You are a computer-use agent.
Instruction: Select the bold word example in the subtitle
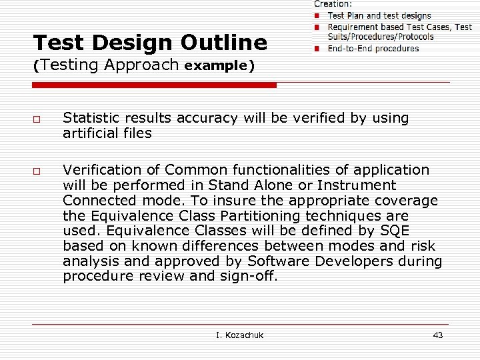pos(215,66)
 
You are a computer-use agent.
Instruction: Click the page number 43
pos(437,335)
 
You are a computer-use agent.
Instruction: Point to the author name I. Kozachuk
pos(239,335)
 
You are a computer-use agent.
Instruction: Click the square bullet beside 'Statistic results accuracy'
pos(38,119)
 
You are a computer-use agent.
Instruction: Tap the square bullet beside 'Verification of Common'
pos(38,171)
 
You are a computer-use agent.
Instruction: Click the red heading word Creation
pos(333,4)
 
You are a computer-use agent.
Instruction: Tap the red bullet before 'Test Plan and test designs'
pos(319,15)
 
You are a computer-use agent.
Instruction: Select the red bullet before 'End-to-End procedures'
pos(319,49)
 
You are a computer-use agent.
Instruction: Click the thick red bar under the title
pos(154,85)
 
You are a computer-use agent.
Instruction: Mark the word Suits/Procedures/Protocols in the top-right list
pos(381,37)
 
